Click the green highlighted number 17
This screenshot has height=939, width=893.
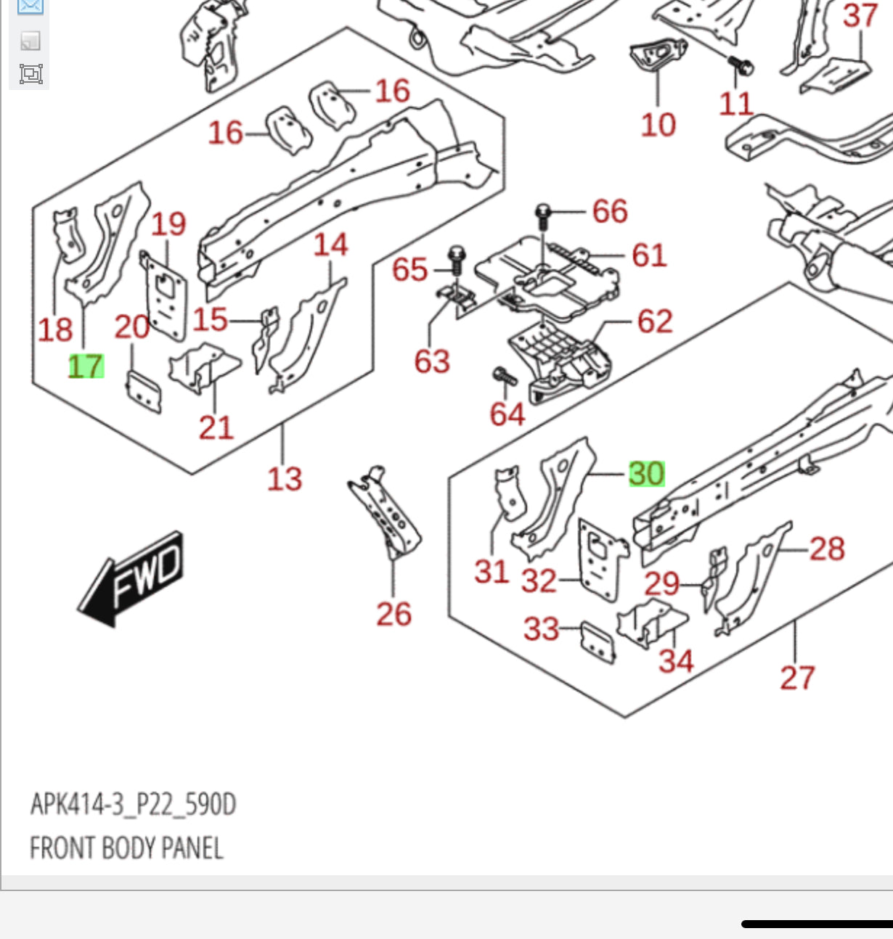(x=86, y=366)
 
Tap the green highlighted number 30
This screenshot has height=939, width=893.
(x=646, y=474)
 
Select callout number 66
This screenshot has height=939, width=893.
(x=610, y=211)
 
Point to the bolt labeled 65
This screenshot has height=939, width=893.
(x=456, y=259)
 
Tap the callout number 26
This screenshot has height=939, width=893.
(x=394, y=614)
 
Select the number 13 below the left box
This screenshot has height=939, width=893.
(x=284, y=479)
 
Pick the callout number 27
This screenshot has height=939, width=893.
(x=797, y=678)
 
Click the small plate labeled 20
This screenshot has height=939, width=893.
(x=144, y=392)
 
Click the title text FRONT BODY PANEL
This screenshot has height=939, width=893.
(x=126, y=848)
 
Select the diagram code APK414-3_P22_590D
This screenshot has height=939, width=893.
(x=133, y=805)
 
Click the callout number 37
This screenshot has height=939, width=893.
(x=860, y=15)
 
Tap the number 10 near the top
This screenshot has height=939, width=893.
(x=658, y=125)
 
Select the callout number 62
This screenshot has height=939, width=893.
(x=655, y=321)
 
